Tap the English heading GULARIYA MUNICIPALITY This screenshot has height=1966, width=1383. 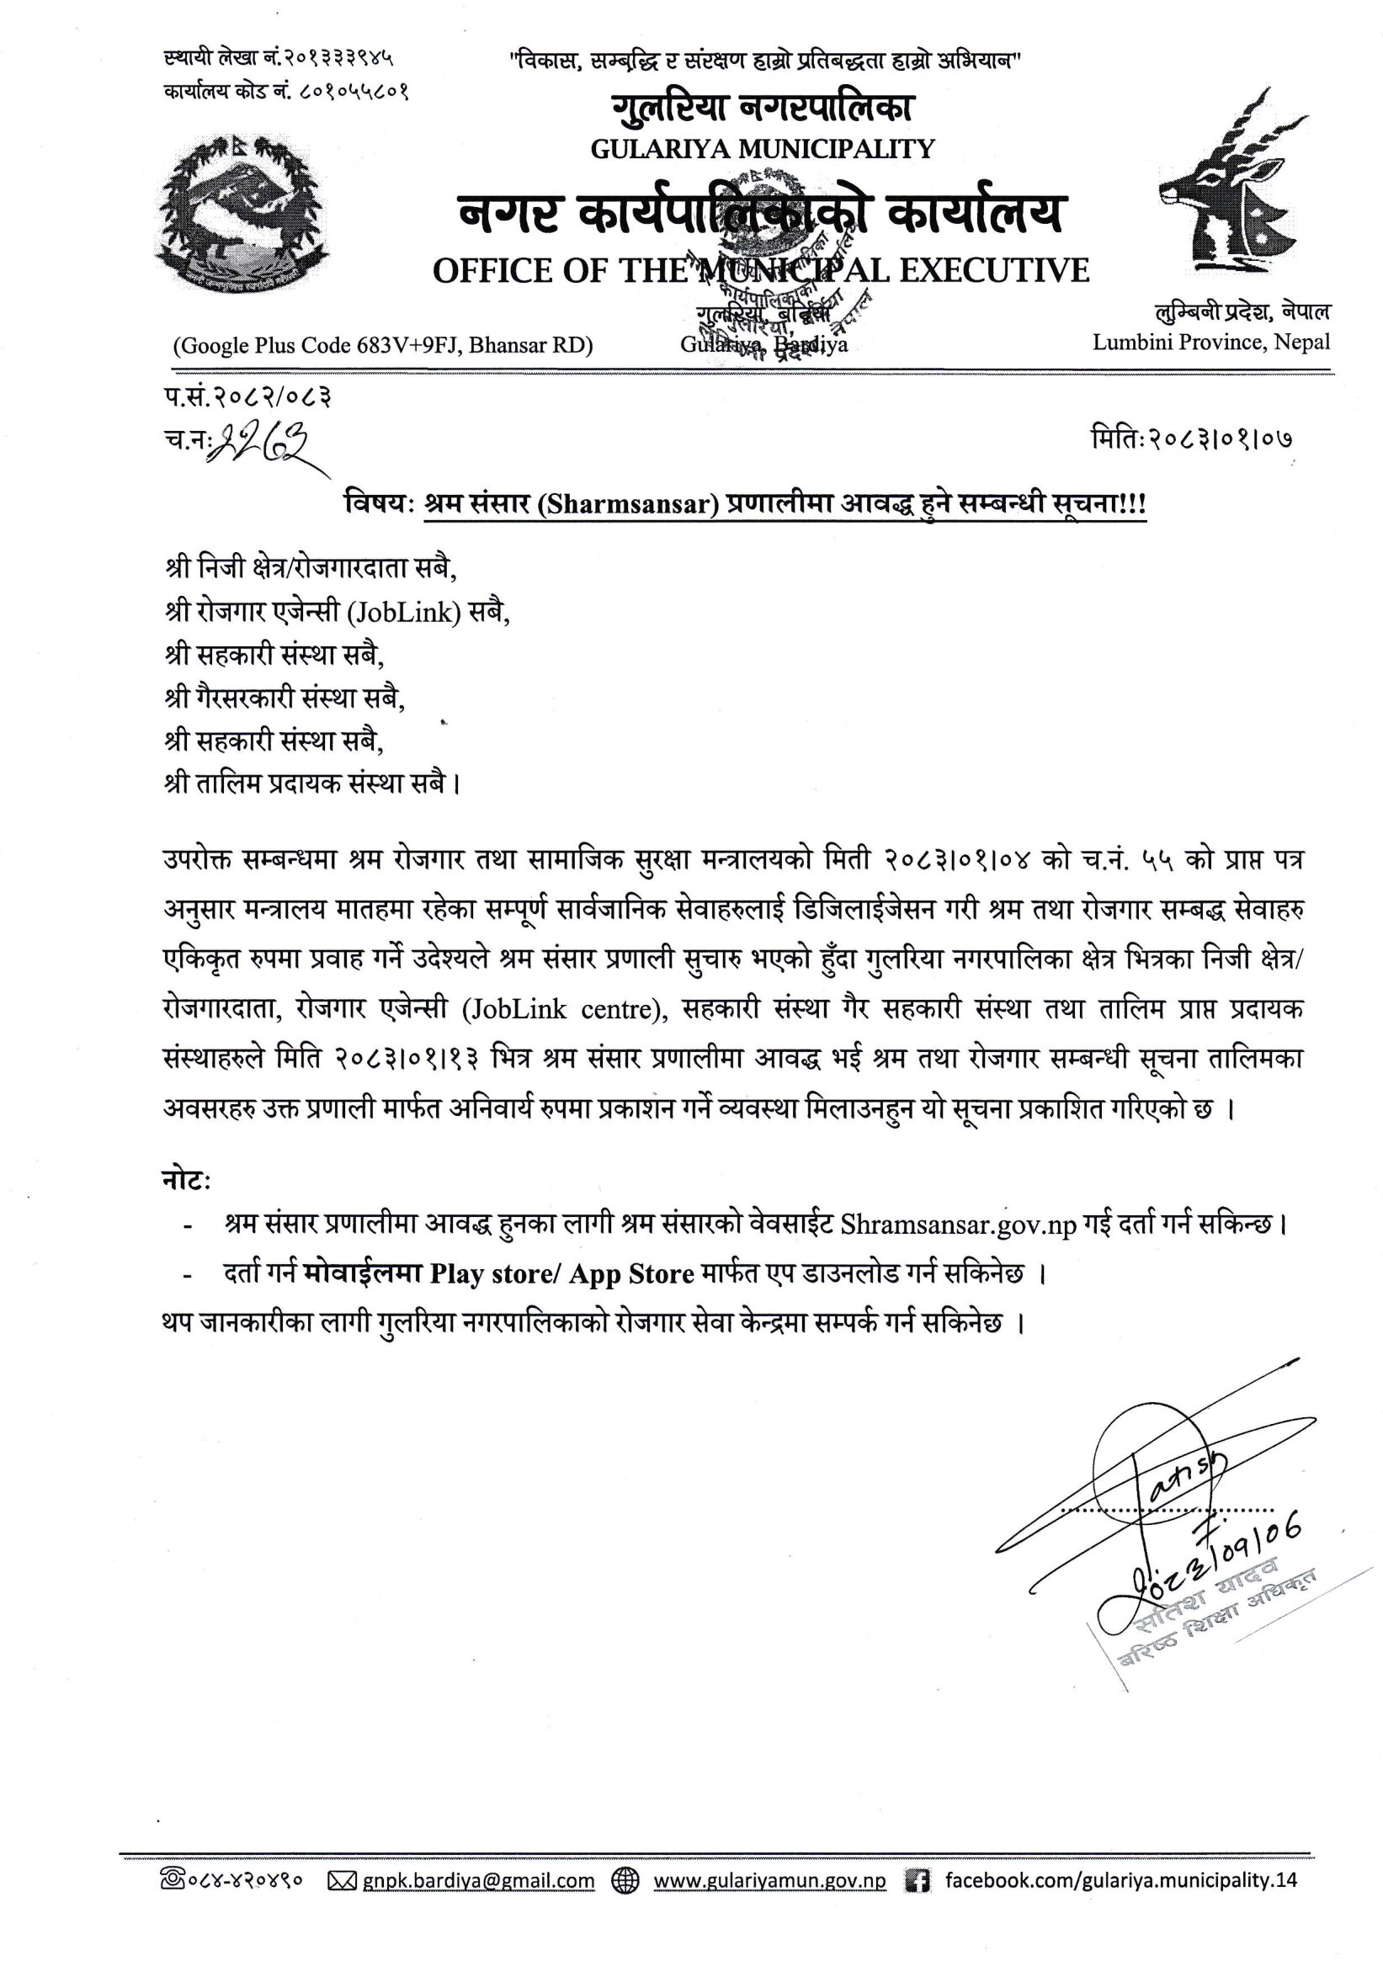(761, 149)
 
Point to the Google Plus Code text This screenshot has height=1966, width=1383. (383, 345)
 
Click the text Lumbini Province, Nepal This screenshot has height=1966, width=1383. (1211, 343)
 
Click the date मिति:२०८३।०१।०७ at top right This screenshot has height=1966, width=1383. (1190, 439)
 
